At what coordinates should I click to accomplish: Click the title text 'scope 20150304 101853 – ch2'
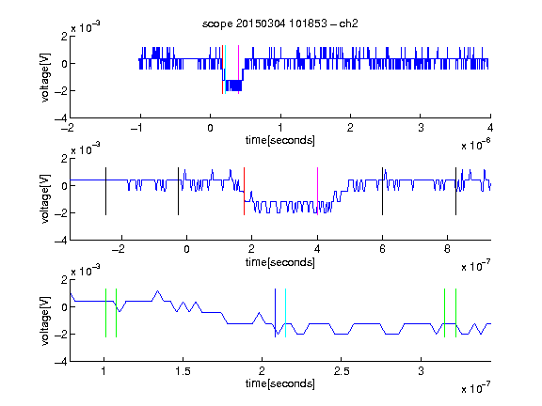pyautogui.click(x=280, y=23)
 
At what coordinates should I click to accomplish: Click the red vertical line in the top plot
pyautogui.click(x=223, y=70)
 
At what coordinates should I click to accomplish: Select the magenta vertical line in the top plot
pyautogui.click(x=238, y=70)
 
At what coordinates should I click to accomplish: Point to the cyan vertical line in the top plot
pyautogui.click(x=226, y=70)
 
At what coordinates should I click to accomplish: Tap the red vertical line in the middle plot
pyautogui.click(x=244, y=192)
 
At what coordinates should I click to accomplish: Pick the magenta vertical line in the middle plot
pyautogui.click(x=317, y=192)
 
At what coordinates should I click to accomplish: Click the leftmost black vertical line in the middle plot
pyautogui.click(x=105, y=192)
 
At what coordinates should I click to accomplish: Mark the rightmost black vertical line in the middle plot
pyautogui.click(x=455, y=192)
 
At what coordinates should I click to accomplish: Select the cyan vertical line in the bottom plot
pyautogui.click(x=285, y=313)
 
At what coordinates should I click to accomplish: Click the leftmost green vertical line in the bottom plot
pyautogui.click(x=105, y=313)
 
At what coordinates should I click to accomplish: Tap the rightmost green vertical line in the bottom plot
pyautogui.click(x=456, y=313)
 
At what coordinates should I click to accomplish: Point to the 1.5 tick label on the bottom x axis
pyautogui.click(x=183, y=371)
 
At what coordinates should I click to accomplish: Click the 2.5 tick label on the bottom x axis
pyautogui.click(x=342, y=371)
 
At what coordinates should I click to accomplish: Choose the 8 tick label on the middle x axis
pyautogui.click(x=447, y=249)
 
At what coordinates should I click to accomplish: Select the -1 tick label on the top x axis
pyautogui.click(x=137, y=128)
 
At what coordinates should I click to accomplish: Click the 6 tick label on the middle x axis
pyautogui.click(x=382, y=249)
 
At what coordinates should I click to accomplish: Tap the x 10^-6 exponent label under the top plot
pyautogui.click(x=476, y=145)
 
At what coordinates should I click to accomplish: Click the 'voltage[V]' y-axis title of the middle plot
pyautogui.click(x=45, y=199)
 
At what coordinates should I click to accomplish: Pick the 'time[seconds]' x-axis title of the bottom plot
pyautogui.click(x=280, y=383)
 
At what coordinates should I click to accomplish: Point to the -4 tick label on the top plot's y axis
pyautogui.click(x=61, y=118)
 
